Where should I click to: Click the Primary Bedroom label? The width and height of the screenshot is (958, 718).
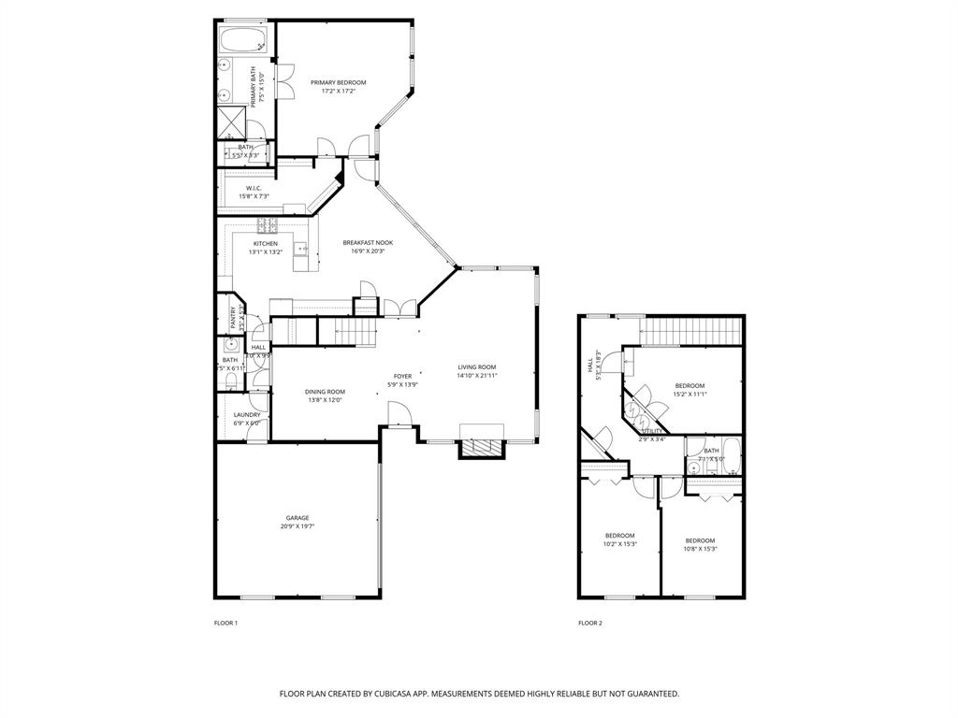coord(338,82)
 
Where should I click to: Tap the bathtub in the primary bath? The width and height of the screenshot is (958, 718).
coord(243,40)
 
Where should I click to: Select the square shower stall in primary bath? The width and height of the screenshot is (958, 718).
coord(230,121)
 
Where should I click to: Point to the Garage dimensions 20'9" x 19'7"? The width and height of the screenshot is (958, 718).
coord(298,526)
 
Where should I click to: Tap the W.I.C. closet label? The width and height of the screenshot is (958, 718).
coord(252,189)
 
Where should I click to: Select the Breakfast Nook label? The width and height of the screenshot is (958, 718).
coord(368,242)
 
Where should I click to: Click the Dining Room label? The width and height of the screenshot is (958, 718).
coord(325,392)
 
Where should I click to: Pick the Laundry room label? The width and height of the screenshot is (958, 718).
coord(247,414)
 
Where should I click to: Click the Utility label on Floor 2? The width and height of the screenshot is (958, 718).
coord(651,432)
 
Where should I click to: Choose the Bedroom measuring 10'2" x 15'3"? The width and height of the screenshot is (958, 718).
coord(619,536)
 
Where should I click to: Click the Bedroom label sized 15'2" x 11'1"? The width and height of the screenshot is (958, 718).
coord(689,386)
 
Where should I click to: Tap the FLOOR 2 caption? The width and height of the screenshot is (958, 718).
coord(589,623)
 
